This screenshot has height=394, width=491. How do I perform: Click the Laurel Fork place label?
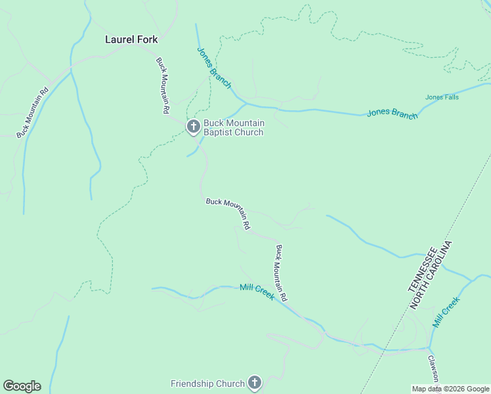pos(131,39)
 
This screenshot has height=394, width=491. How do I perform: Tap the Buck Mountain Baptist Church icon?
pos(193,127)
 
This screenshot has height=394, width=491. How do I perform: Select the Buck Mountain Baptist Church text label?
pos(234,127)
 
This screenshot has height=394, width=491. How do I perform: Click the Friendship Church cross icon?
pos(255,383)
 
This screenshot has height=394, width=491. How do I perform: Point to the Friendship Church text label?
pos(207,383)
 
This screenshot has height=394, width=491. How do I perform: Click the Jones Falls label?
pos(442,98)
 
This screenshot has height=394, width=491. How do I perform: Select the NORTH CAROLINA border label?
pos(433,276)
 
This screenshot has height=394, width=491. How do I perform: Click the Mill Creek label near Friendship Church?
pos(257,292)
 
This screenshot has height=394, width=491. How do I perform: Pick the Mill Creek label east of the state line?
pos(446,313)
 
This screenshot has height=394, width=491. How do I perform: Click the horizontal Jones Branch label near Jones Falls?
pos(392,114)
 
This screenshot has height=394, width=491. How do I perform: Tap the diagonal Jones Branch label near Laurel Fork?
pos(214,68)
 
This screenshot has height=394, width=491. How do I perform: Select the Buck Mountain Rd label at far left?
pos(33,113)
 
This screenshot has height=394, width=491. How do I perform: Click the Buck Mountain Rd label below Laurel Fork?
pos(162,86)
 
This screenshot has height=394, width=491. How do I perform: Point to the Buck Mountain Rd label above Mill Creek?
pos(281,273)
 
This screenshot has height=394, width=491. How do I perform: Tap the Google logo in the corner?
pos(22,386)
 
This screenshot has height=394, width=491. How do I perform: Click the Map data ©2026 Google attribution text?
pos(450,389)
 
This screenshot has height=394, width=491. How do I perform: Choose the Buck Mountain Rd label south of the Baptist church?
pos(228,213)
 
